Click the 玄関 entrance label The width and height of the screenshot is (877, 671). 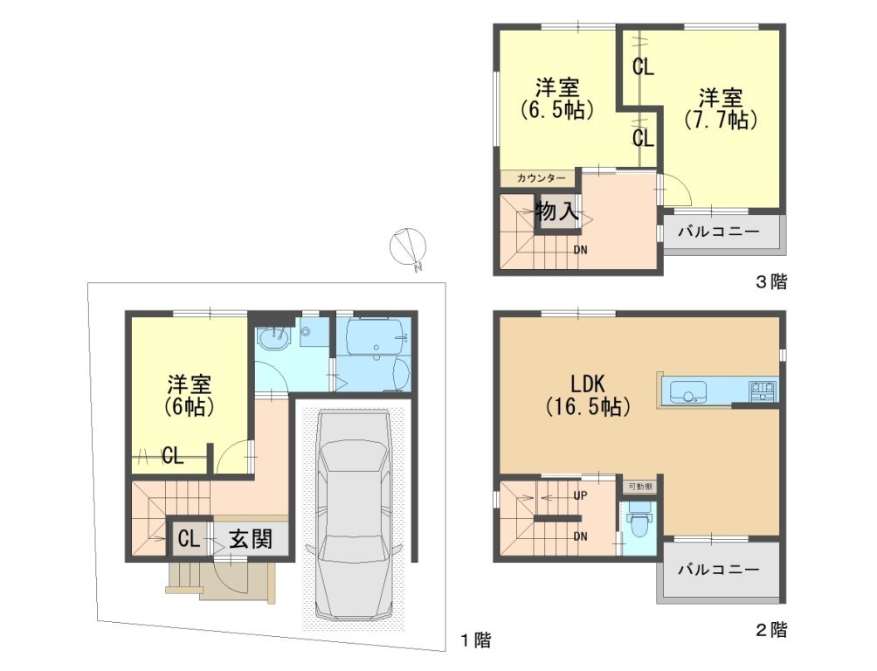tap(251, 539)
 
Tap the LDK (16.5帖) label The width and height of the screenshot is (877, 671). tap(588, 395)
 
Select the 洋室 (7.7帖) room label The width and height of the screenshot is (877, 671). tap(721, 108)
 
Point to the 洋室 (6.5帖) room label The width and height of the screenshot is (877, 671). tap(557, 99)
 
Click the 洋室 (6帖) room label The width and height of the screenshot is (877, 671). tap(189, 396)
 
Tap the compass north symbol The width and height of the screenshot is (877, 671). tap(408, 246)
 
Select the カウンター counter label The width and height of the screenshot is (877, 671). tap(541, 178)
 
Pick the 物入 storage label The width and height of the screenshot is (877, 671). tap(556, 211)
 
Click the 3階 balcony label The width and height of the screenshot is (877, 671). tap(719, 232)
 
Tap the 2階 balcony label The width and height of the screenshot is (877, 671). tap(719, 570)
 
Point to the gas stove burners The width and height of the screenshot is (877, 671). tap(762, 390)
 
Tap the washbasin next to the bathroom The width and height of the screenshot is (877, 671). tap(273, 337)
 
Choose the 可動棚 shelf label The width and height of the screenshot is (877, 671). tap(640, 487)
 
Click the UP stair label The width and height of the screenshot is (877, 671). tap(581, 496)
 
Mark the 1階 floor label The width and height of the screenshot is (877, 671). tap(475, 639)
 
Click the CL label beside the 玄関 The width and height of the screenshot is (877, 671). tap(189, 539)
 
